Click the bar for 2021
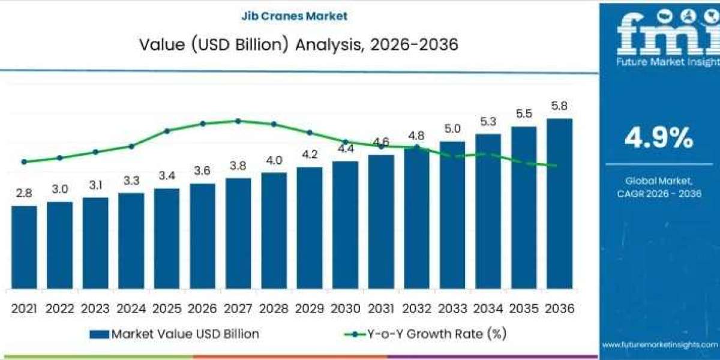24,247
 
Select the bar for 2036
559,204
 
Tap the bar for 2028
274,231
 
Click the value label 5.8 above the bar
559,106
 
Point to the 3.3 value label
131,180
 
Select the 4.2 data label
310,154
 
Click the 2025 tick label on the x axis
167,308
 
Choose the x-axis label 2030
345,308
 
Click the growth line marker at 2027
238,121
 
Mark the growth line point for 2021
24,161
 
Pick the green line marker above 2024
131,146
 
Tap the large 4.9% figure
659,139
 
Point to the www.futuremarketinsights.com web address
659,344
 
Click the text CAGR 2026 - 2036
659,193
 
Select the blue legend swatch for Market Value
100,334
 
